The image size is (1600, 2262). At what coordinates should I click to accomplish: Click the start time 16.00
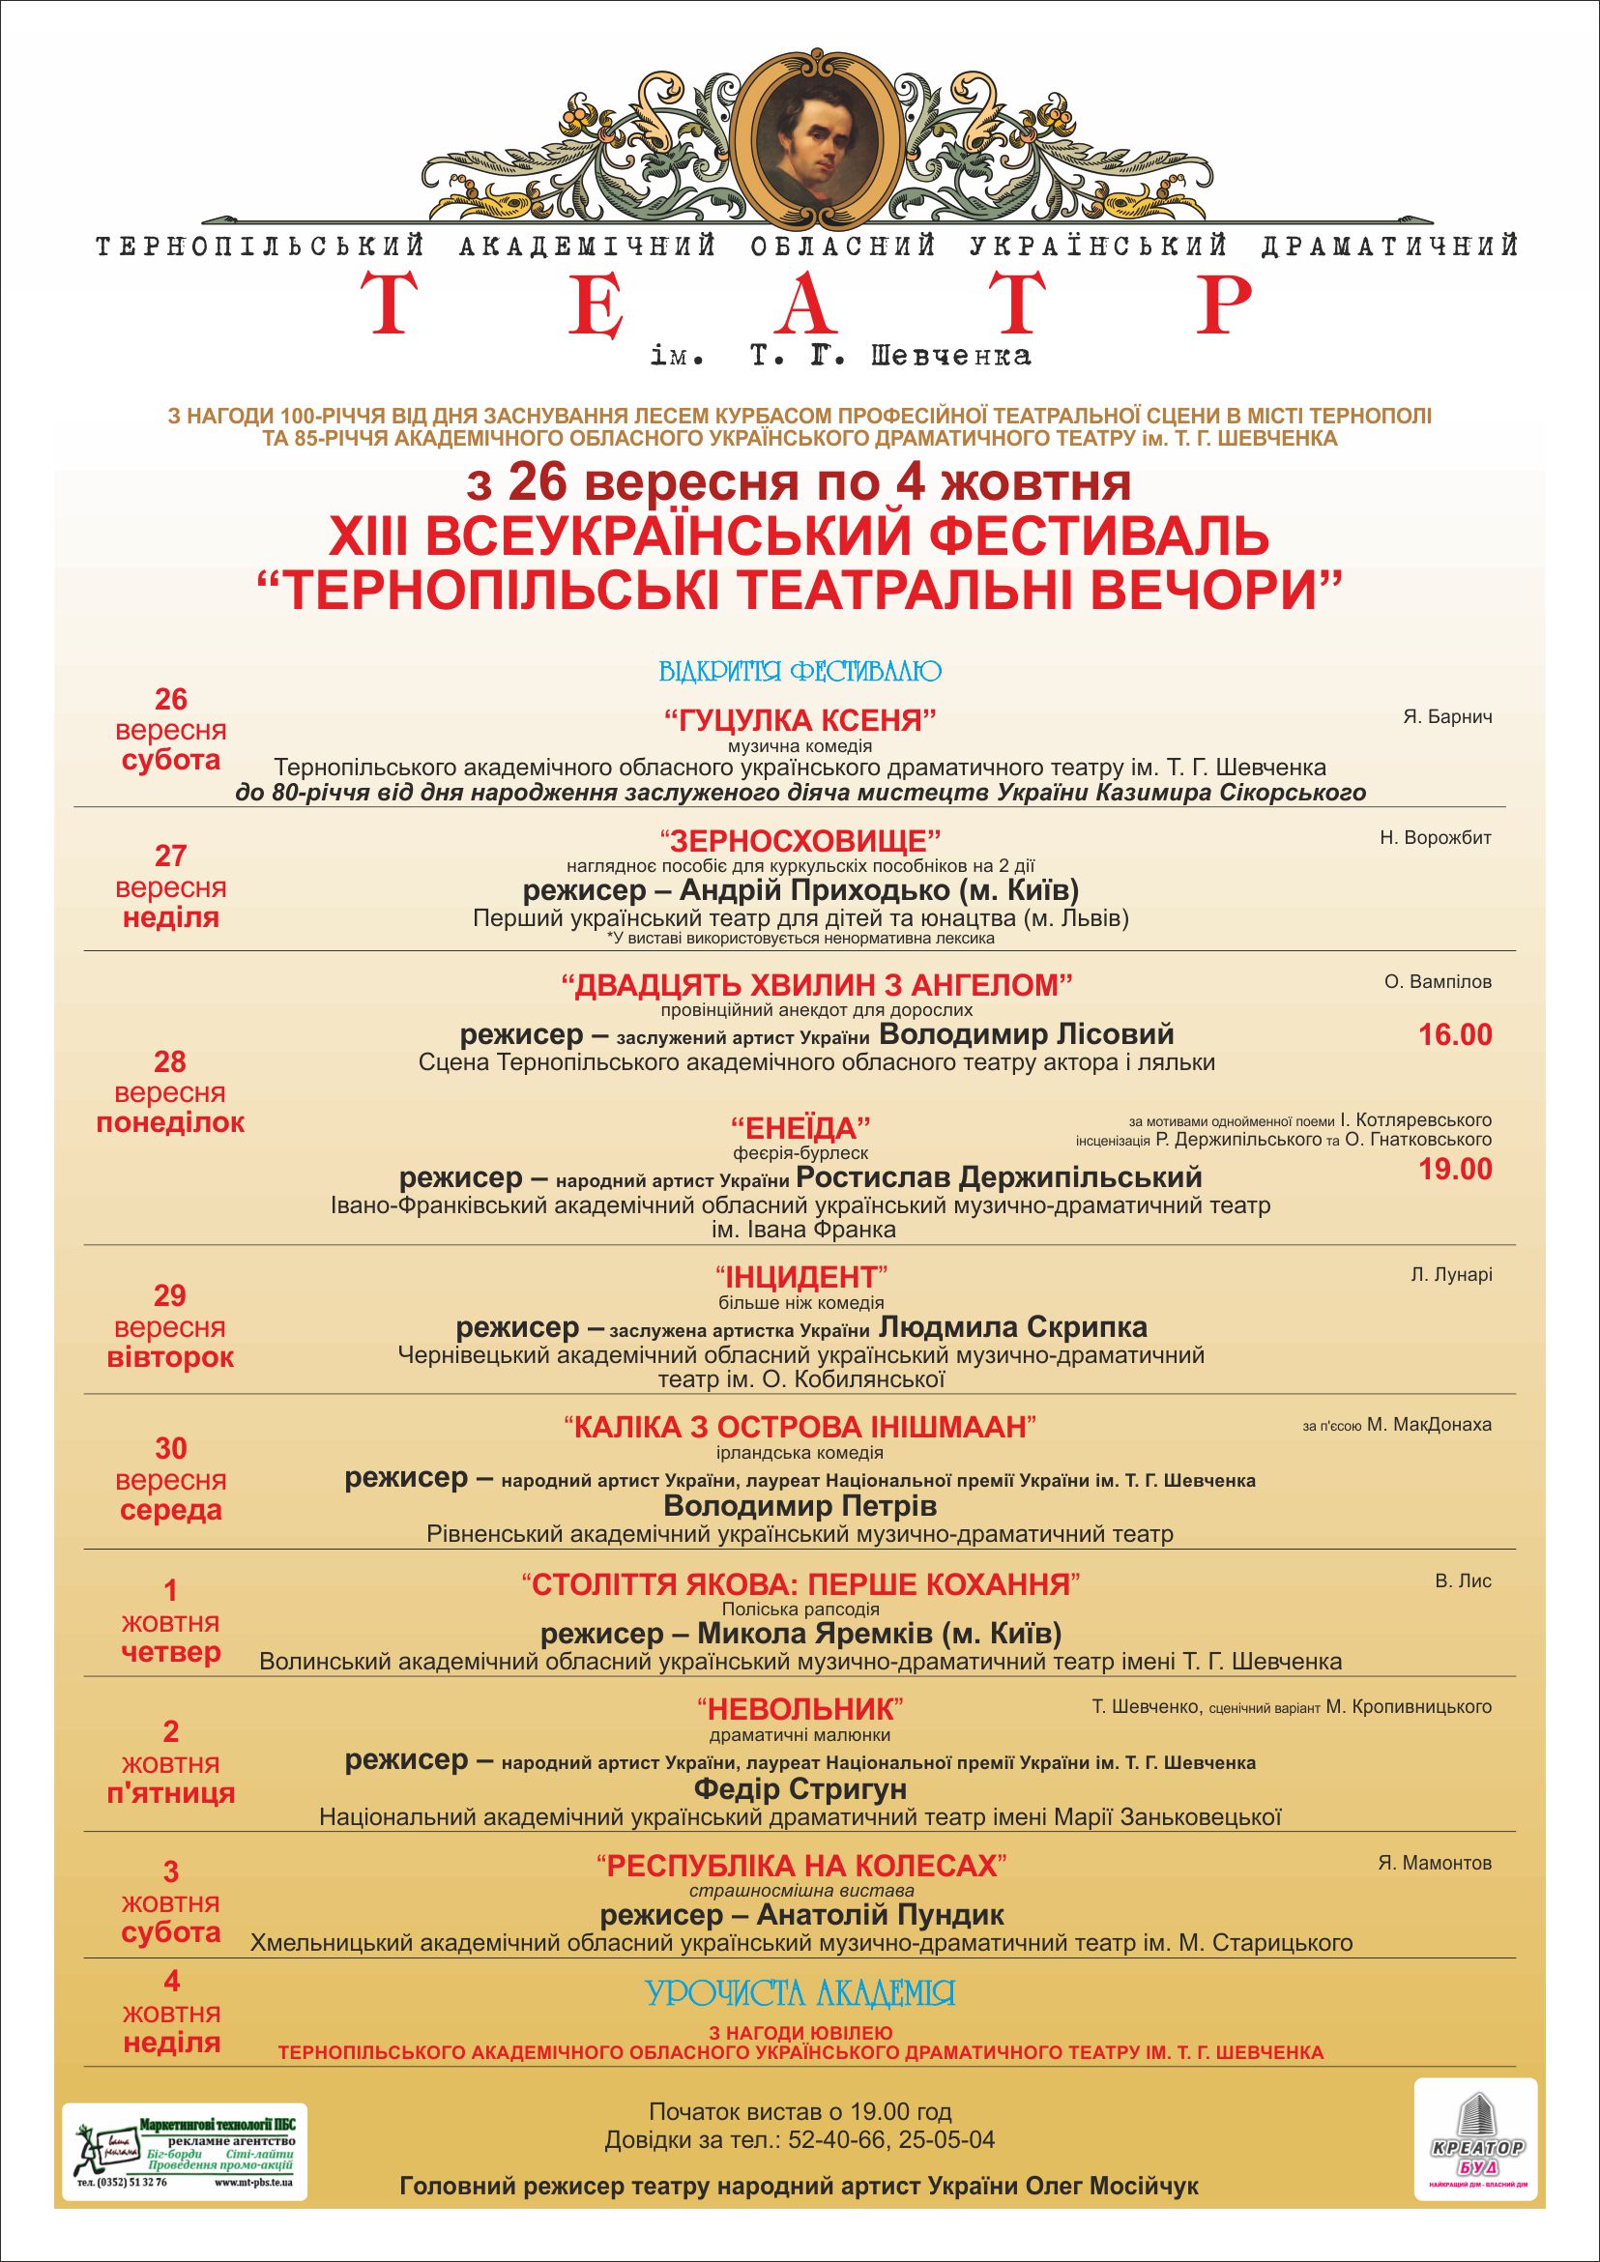(x=1455, y=1034)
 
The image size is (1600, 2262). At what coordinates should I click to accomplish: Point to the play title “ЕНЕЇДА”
(x=801, y=1127)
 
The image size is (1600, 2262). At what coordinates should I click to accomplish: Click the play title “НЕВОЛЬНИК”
(x=800, y=1707)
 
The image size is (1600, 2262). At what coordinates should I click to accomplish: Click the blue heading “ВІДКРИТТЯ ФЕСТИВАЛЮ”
(x=800, y=672)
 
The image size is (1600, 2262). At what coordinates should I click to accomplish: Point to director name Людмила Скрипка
(x=1014, y=1327)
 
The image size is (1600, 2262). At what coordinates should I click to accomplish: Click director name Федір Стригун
(x=800, y=1788)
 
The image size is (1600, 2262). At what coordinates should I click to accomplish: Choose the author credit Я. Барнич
(x=1446, y=717)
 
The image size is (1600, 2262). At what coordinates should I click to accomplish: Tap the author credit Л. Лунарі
(x=1450, y=1275)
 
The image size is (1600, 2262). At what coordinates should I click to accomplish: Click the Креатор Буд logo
(x=1475, y=2119)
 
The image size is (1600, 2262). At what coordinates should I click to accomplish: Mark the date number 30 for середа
(x=170, y=1448)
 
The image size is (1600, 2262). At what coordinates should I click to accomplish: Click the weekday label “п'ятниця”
(x=170, y=1792)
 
